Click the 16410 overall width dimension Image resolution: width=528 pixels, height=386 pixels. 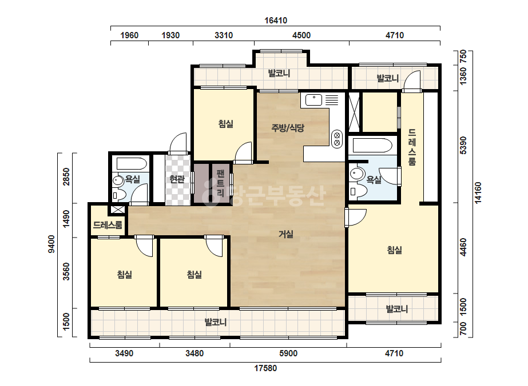click(x=276, y=21)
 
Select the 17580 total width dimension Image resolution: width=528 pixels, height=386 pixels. click(x=265, y=368)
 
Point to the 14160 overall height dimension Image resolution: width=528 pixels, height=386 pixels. click(x=478, y=192)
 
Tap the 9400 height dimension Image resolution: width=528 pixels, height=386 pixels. click(x=51, y=244)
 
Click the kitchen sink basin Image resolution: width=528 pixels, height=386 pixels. click(x=313, y=100)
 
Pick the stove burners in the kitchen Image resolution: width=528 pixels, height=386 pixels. click(x=337, y=139)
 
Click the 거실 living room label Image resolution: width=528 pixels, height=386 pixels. click(x=286, y=234)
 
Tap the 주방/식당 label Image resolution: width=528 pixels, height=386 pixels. click(x=288, y=128)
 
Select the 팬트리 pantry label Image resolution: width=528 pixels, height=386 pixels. click(x=221, y=183)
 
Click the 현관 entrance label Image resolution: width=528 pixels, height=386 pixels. click(x=177, y=179)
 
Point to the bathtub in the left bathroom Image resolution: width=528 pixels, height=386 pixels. click(x=132, y=164)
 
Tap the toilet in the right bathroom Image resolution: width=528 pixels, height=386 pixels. click(x=358, y=191)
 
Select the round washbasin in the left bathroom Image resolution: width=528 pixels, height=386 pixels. click(x=118, y=180)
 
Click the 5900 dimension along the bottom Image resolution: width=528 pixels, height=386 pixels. click(x=288, y=353)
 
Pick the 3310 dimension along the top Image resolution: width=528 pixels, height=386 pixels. click(x=224, y=35)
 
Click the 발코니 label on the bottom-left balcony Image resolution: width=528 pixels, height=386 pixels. click(x=216, y=322)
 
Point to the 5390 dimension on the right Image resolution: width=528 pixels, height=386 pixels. click(x=463, y=145)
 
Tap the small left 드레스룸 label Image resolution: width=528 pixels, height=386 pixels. click(x=108, y=225)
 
